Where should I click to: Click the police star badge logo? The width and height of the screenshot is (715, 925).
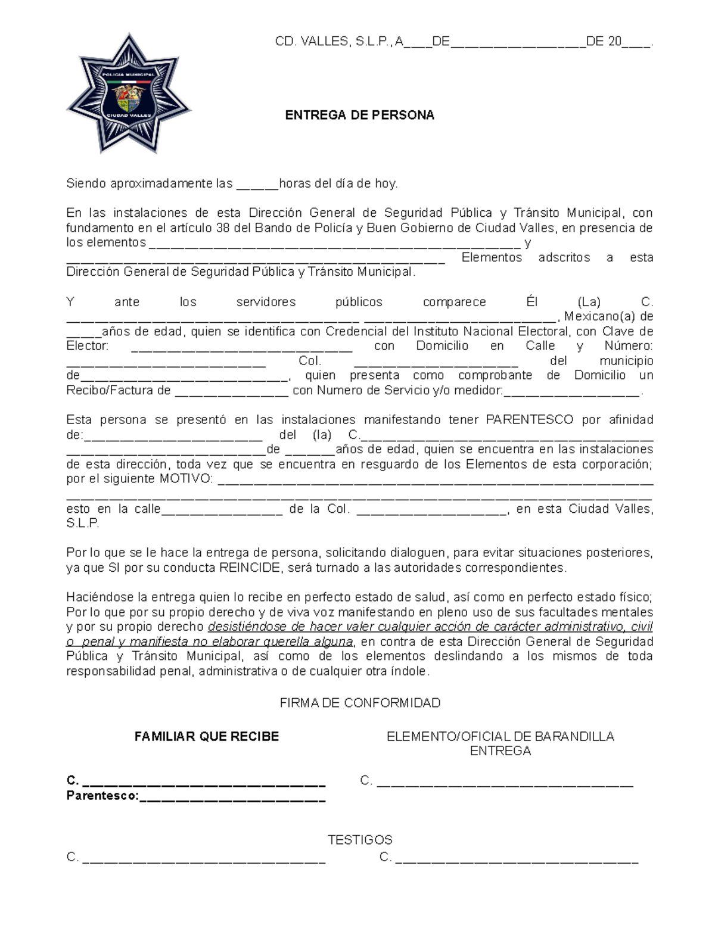128,94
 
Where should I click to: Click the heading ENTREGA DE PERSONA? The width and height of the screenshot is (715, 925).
359,115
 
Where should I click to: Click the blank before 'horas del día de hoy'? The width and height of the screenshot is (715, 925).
257,185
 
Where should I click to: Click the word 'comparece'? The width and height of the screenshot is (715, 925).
454,302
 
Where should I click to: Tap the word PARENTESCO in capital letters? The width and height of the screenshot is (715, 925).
530,419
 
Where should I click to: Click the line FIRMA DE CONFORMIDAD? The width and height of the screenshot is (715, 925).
360,703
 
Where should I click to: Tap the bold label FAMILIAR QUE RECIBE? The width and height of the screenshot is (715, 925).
207,737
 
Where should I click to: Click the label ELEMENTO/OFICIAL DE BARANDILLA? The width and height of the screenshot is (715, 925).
500,737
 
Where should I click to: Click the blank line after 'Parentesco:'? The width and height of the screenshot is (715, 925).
232,798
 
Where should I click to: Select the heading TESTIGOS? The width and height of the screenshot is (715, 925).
360,840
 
